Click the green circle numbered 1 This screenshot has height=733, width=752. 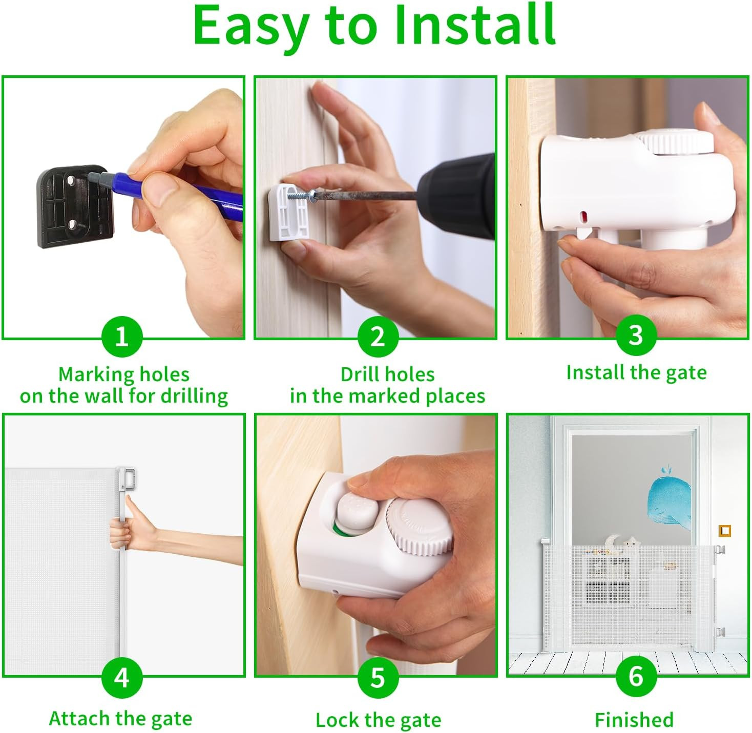(x=122, y=336)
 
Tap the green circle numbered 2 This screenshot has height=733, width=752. (x=378, y=336)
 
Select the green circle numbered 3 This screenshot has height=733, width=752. (x=636, y=334)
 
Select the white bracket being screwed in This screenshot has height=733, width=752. (x=289, y=212)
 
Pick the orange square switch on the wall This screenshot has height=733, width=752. (x=724, y=531)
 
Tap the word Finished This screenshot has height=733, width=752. (x=634, y=720)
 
